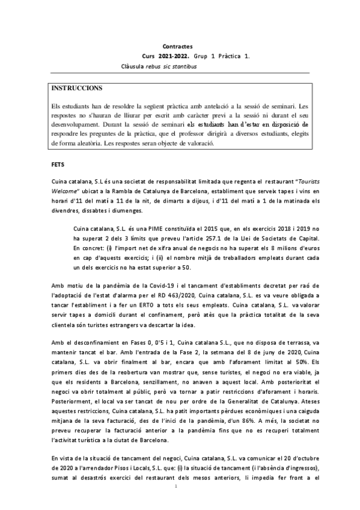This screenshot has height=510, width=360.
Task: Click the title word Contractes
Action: [178, 45]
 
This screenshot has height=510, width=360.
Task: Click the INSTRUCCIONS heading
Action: [77, 88]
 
